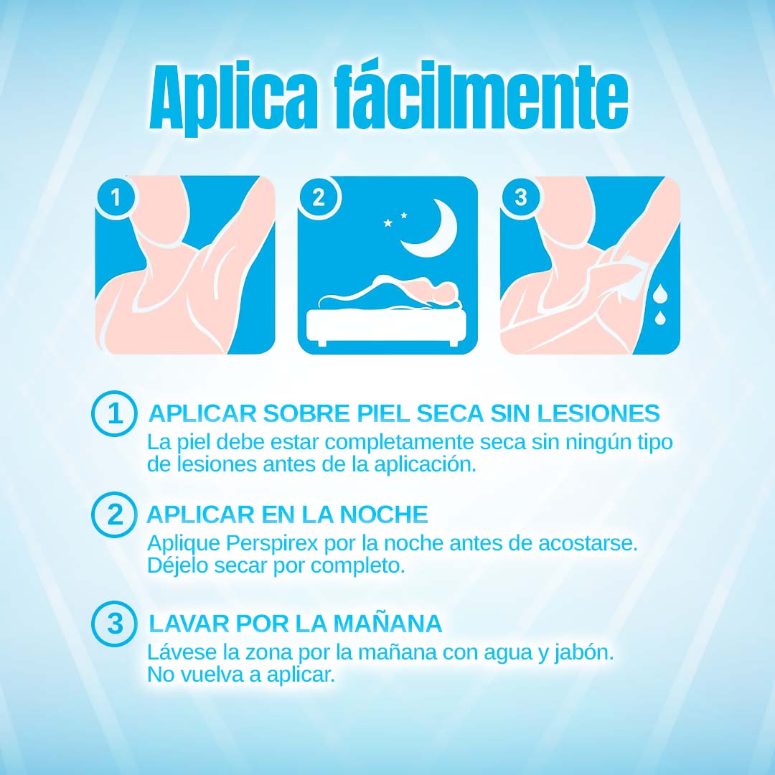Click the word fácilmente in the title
click(x=482, y=95)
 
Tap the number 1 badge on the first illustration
click(x=115, y=197)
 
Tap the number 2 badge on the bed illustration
click(x=319, y=197)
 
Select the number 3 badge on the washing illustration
click(x=521, y=197)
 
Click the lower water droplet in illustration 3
click(x=660, y=318)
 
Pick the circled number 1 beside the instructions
click(x=114, y=413)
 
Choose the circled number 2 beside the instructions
click(x=114, y=515)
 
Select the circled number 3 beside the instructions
click(x=114, y=624)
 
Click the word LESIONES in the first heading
click(x=598, y=413)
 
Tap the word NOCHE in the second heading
click(x=383, y=515)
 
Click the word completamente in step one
click(x=400, y=443)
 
